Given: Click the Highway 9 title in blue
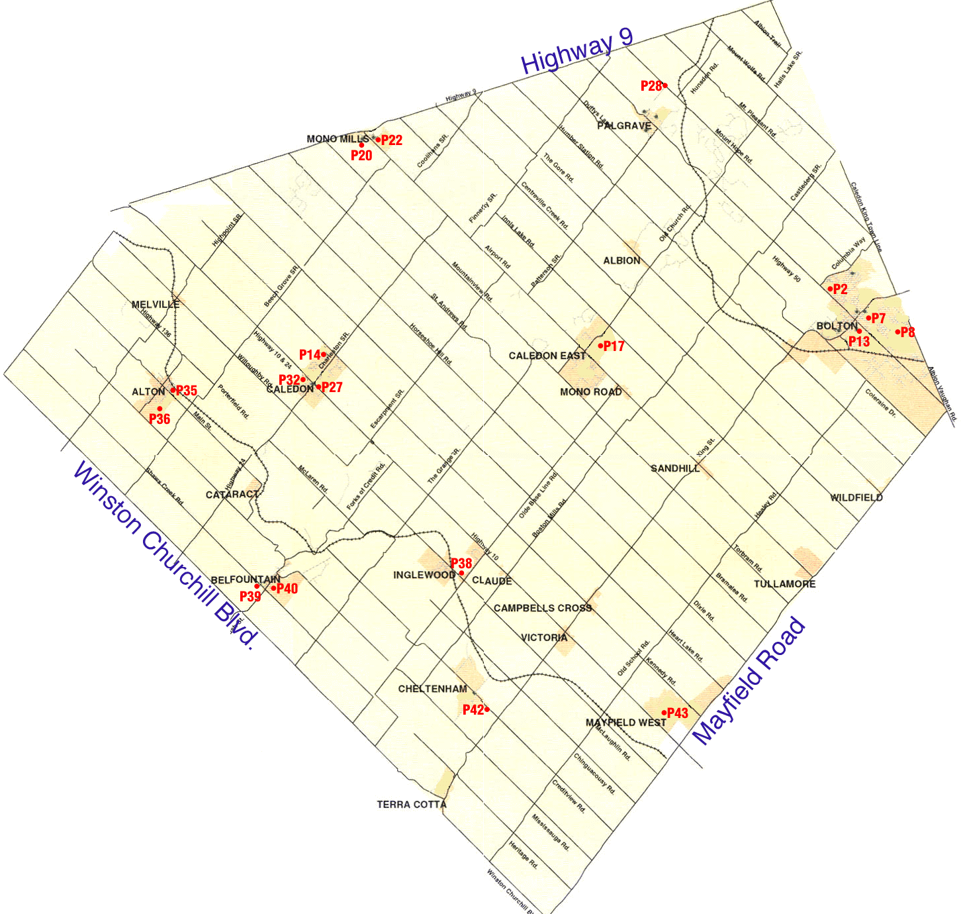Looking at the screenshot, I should click(x=576, y=51).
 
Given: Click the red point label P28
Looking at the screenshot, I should click(x=651, y=86).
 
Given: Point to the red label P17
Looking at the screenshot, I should click(x=614, y=346).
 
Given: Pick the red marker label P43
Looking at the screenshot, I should click(x=677, y=713).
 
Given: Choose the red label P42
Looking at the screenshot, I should click(x=473, y=710).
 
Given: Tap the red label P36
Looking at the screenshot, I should click(x=160, y=419).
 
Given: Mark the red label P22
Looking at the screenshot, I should click(x=391, y=140).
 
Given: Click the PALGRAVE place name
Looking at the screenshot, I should click(x=624, y=126).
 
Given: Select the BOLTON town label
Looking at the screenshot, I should click(x=837, y=326).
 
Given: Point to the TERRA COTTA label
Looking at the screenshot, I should click(x=412, y=805).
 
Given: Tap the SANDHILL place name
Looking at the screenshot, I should click(x=675, y=468).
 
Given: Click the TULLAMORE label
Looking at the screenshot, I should click(x=785, y=584).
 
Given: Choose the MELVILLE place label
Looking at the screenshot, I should click(x=156, y=305).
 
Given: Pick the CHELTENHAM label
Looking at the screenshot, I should click(x=433, y=689).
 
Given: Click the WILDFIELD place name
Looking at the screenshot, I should click(x=856, y=497).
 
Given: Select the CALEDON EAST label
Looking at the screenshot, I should click(x=547, y=356).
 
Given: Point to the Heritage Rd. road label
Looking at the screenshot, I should click(x=523, y=854).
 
